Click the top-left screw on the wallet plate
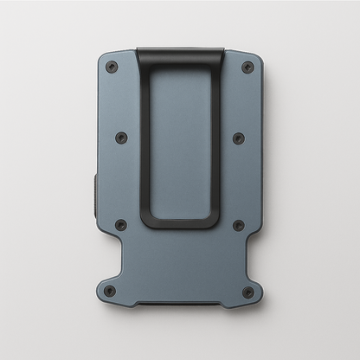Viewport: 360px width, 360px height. click(x=111, y=67)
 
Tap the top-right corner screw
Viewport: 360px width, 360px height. click(x=247, y=67)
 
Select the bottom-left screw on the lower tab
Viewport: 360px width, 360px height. click(x=110, y=292)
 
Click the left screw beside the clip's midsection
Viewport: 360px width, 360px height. click(x=121, y=138)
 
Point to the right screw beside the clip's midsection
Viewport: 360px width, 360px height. click(x=238, y=138)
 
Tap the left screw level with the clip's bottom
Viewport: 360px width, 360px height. click(x=121, y=225)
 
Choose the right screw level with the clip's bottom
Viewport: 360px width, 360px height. click(x=238, y=225)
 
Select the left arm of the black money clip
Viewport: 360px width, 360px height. click(x=144, y=138)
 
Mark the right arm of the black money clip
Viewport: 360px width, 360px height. click(x=215, y=138)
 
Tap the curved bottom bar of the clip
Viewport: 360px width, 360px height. click(x=179, y=222)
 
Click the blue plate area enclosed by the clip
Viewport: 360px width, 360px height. click(x=179, y=138)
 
